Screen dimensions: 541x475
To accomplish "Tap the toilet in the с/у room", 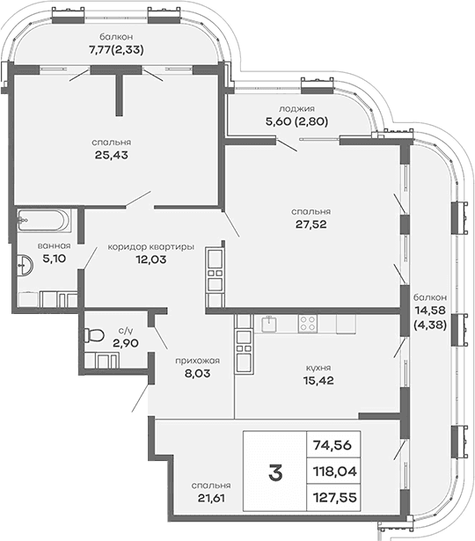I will pos(94,336).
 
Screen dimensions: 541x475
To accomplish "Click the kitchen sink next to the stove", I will pos(272,323).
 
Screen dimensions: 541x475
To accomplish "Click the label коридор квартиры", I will pos(150,246).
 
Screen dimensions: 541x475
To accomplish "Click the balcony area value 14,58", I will pos(431,311).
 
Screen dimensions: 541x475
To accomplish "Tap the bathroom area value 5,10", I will pos(40,259).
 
